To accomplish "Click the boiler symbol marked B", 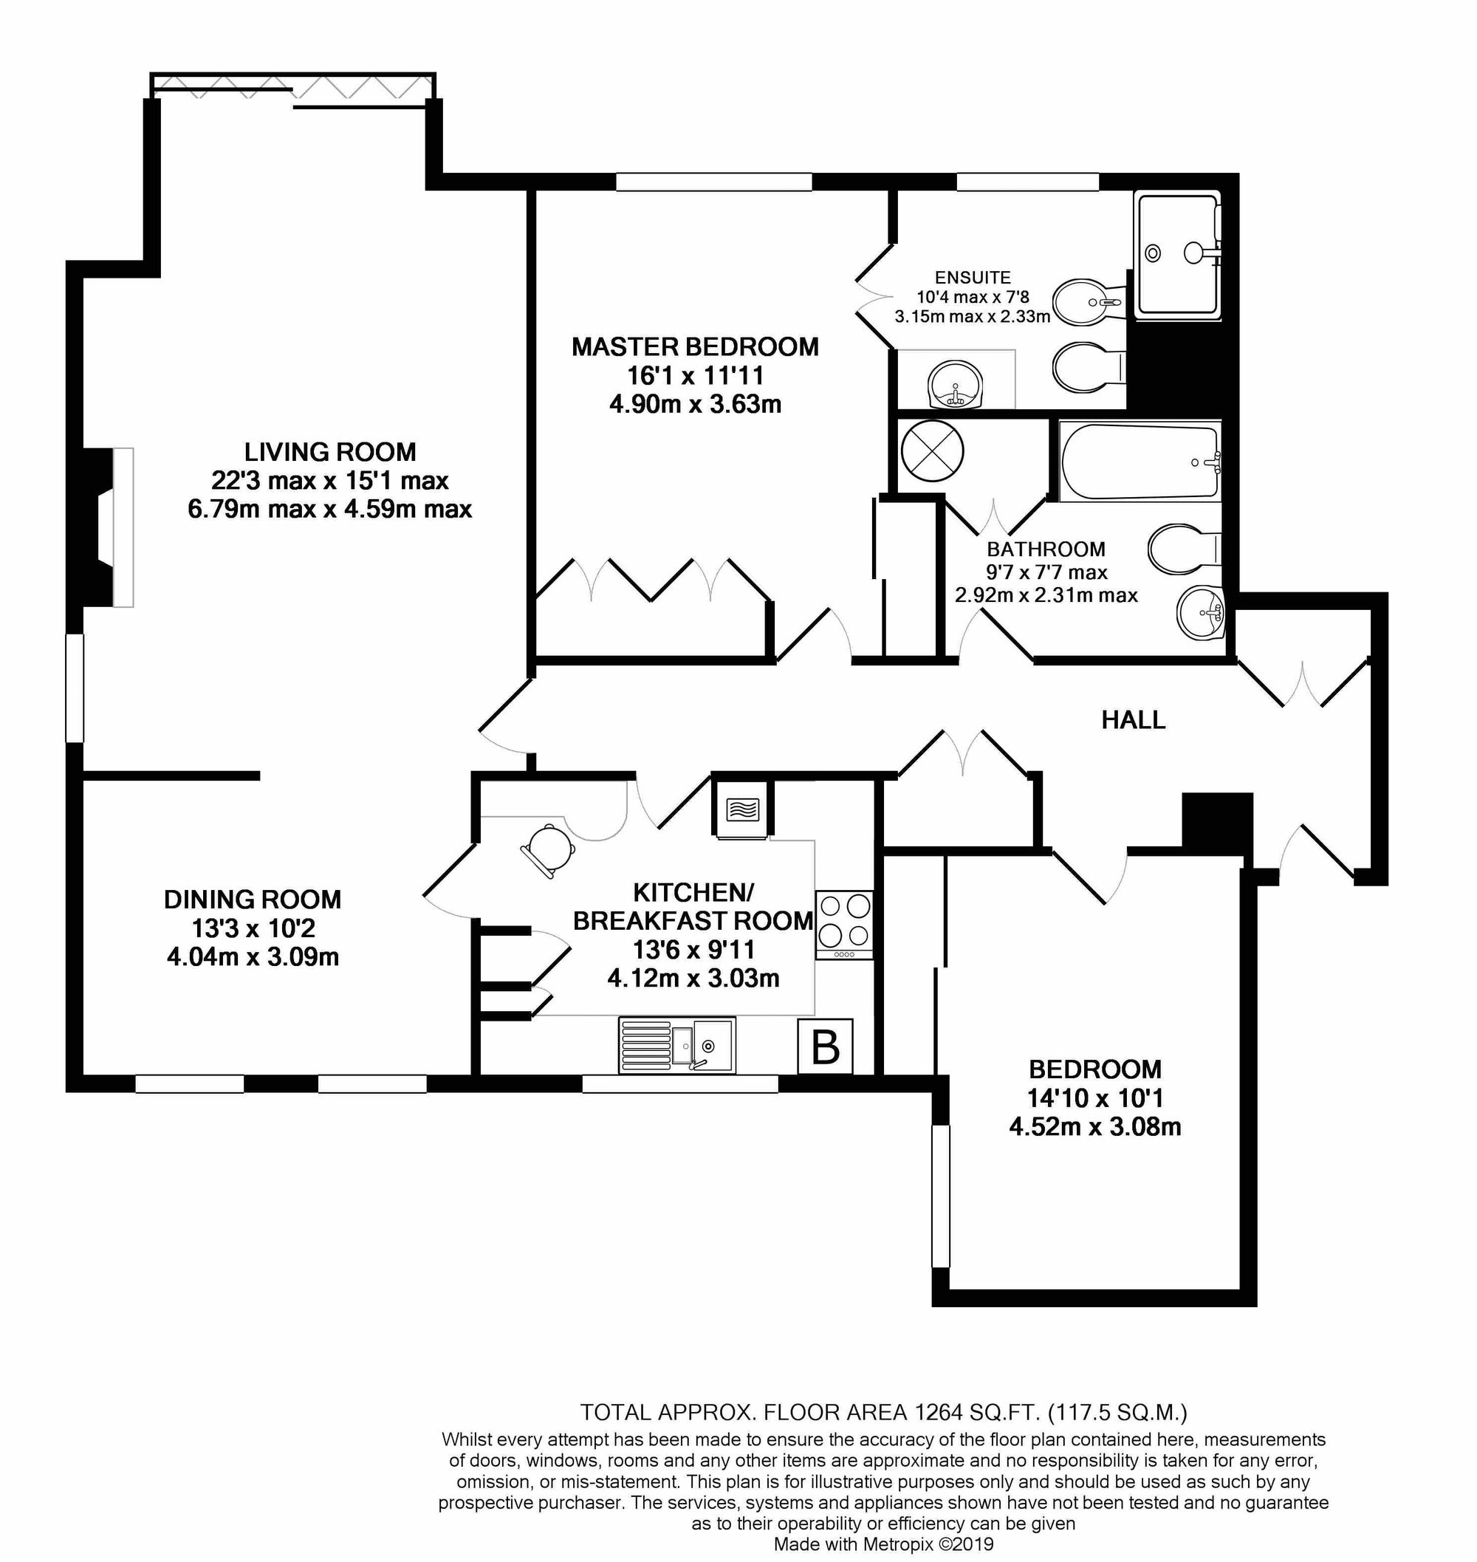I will pyautogui.click(x=824, y=1047).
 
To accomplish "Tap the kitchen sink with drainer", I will pyautogui.click(x=676, y=1045).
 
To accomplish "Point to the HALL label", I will pyautogui.click(x=1133, y=719).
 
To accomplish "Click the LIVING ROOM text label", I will pyautogui.click(x=330, y=452).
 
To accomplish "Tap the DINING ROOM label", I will pyautogui.click(x=252, y=899).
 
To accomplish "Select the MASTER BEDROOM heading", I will pyautogui.click(x=694, y=347).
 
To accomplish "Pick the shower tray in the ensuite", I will pyautogui.click(x=1176, y=254).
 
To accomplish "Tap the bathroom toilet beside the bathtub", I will pyautogui.click(x=1181, y=549).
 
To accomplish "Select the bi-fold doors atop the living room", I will pyautogui.click(x=292, y=86).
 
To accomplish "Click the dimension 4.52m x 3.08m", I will pyautogui.click(x=1094, y=1126).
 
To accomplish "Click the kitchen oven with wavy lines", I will pyautogui.click(x=741, y=809).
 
